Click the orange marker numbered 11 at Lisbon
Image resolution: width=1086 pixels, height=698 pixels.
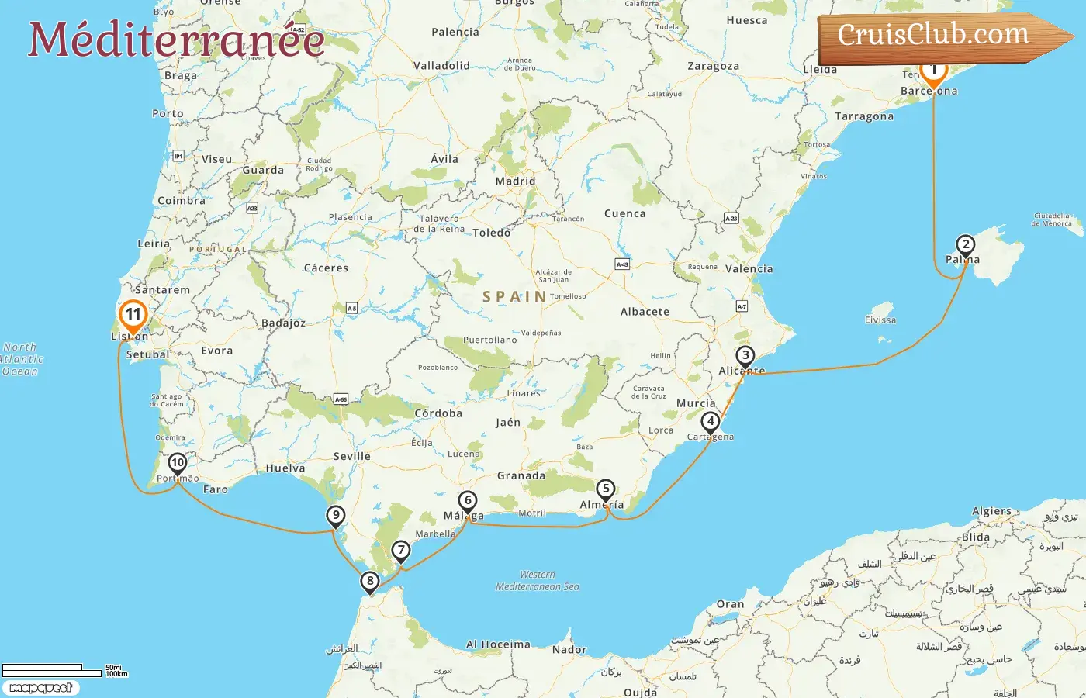(x=133, y=315)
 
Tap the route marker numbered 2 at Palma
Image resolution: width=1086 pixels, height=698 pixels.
(x=965, y=245)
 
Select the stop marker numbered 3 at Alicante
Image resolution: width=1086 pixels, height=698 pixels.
(x=745, y=356)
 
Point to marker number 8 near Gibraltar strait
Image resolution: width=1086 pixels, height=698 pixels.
(x=370, y=581)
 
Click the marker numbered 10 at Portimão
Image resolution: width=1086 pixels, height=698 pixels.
(x=177, y=463)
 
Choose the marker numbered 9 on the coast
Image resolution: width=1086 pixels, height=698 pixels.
(x=335, y=515)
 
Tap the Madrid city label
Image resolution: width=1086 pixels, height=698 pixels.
(x=515, y=181)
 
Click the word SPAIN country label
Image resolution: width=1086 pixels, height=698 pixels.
(x=514, y=296)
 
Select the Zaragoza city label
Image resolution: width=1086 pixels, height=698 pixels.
(x=713, y=66)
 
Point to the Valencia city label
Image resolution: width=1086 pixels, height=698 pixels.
(x=749, y=268)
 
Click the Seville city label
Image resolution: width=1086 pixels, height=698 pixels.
(x=351, y=456)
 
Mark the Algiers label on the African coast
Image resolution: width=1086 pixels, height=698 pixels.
(x=991, y=511)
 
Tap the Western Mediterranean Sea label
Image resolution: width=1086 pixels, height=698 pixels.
(x=538, y=581)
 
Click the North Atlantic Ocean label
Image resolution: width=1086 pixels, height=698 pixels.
(x=21, y=359)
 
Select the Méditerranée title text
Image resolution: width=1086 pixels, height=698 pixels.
(x=176, y=39)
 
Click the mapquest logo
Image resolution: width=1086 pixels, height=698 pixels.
(x=40, y=687)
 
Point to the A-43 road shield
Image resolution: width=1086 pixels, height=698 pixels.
(x=622, y=264)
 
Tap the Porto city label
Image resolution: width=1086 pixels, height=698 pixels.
(x=168, y=113)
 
